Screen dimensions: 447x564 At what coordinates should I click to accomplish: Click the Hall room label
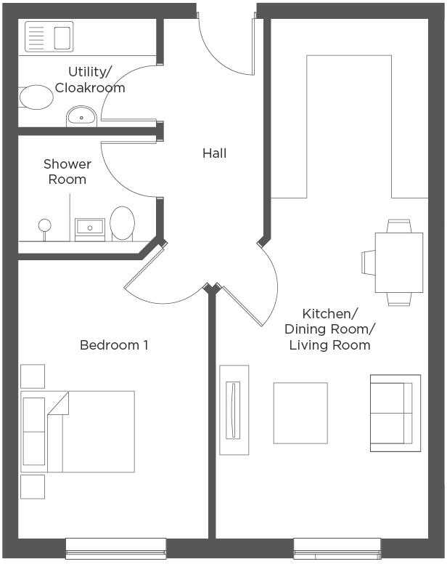click(214, 153)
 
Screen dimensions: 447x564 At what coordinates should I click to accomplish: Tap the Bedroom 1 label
click(114, 345)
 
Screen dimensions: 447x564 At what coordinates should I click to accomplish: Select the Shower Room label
click(67, 172)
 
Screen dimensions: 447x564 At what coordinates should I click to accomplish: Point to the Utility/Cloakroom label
click(90, 80)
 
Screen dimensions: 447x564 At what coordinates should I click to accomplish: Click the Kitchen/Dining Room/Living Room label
click(329, 329)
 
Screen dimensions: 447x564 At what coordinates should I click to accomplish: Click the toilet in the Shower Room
click(122, 224)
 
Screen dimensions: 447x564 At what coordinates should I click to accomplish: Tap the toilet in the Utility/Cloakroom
click(35, 97)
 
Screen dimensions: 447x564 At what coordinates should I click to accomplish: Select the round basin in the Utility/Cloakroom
click(81, 116)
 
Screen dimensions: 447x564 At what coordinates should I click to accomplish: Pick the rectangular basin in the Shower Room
click(90, 230)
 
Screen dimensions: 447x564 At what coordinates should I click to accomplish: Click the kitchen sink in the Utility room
click(49, 36)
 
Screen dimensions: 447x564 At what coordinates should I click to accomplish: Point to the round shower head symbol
click(44, 225)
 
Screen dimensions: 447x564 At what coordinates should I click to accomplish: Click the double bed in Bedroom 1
click(78, 432)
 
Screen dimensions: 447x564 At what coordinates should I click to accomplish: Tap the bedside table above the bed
click(33, 376)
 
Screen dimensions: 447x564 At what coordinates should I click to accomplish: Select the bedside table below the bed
click(33, 487)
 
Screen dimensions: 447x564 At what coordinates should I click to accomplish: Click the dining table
click(399, 262)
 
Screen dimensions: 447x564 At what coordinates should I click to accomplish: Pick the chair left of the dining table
click(369, 262)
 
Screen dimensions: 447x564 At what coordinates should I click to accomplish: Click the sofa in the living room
click(395, 413)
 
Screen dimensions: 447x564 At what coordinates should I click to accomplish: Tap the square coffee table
click(300, 413)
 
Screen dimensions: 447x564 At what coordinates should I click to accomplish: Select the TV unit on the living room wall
click(234, 410)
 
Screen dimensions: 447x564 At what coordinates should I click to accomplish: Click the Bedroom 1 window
click(115, 548)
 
